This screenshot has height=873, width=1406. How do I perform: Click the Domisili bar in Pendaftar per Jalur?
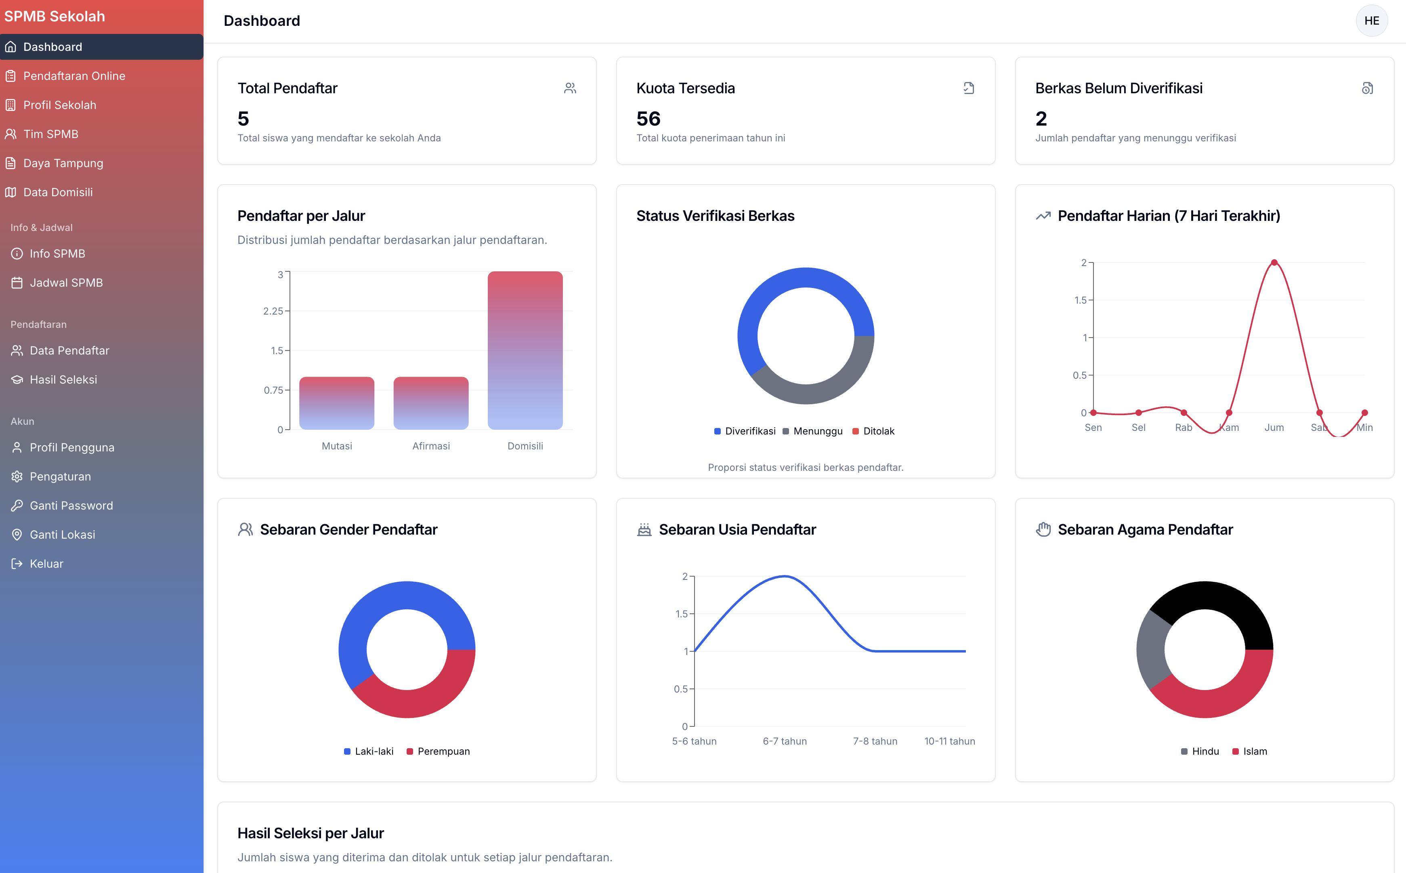pyautogui.click(x=525, y=350)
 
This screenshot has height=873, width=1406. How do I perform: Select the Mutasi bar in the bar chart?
pyautogui.click(x=337, y=403)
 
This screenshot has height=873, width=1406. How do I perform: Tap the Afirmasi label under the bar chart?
pyautogui.click(x=431, y=446)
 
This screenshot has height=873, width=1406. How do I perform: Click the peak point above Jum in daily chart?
pyautogui.click(x=1274, y=263)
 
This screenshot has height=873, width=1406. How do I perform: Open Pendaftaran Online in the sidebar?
pyautogui.click(x=74, y=76)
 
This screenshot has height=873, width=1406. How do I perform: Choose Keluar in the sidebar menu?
pyautogui.click(x=46, y=564)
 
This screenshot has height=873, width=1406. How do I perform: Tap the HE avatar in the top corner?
pyautogui.click(x=1371, y=21)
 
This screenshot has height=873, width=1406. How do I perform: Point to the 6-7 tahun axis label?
pyautogui.click(x=784, y=741)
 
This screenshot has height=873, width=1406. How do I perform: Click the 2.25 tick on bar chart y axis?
pyautogui.click(x=273, y=311)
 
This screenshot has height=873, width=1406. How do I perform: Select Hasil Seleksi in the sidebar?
pyautogui.click(x=63, y=379)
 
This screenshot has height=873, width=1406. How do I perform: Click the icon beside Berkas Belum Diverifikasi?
pyautogui.click(x=1367, y=88)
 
